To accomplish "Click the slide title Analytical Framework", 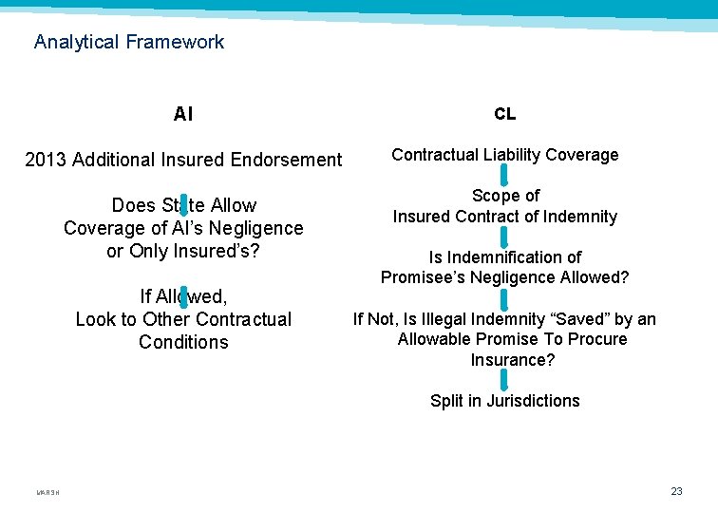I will click(129, 42).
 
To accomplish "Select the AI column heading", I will click(183, 115).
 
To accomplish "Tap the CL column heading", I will click(504, 114).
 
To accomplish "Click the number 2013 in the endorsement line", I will click(46, 161).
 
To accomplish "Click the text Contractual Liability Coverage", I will click(504, 155).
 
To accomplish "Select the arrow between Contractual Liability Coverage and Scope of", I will click(504, 175).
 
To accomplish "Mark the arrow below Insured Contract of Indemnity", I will click(504, 237).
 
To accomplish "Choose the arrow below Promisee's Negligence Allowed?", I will click(504, 298).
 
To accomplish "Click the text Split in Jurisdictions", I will click(504, 401).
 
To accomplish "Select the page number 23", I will click(676, 491).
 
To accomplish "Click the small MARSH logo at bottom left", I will click(47, 492).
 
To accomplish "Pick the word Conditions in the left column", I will click(183, 342).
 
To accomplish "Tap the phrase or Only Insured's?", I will click(183, 251).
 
